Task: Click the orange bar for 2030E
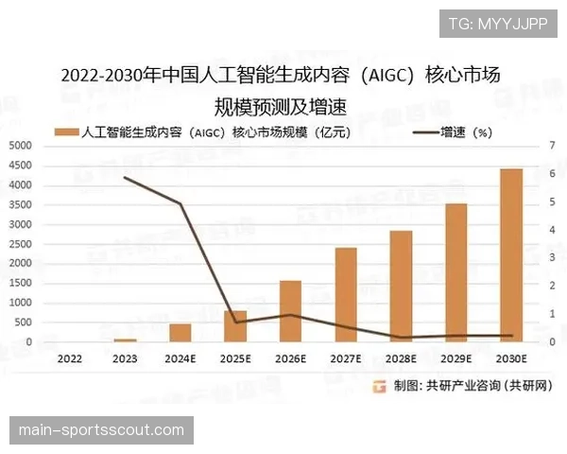click(511, 255)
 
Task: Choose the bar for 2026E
click(290, 311)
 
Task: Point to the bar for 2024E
click(180, 333)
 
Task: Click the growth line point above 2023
click(125, 177)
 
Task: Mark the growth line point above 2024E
click(180, 203)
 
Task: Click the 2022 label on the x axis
click(69, 358)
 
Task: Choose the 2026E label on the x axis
click(290, 358)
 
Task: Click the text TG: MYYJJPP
click(496, 24)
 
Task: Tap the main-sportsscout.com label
click(101, 430)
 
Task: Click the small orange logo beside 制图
click(379, 385)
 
